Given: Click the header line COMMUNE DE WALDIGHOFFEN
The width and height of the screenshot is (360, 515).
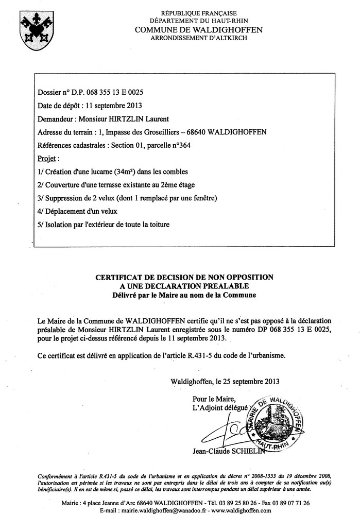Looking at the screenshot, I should click(x=198, y=30).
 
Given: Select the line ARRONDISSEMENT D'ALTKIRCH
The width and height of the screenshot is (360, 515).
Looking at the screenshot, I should click(x=198, y=38).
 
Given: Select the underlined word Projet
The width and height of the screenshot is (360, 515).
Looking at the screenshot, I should click(x=48, y=158).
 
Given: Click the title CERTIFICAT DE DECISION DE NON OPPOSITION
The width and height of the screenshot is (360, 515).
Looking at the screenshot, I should click(x=184, y=277).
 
